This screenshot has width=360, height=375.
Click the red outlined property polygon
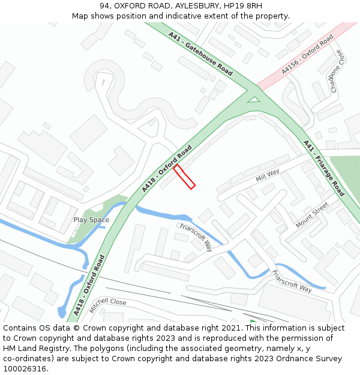tap(185, 177)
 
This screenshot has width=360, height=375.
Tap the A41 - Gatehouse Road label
tap(200, 53)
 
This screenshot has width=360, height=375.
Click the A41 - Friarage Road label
tap(324, 168)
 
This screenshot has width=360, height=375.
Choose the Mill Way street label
tap(268, 175)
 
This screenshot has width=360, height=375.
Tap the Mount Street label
tap(312, 215)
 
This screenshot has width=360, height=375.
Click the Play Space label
tap(91, 220)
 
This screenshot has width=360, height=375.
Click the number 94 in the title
tap(104, 6)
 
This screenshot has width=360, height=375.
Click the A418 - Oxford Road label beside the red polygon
tap(167, 169)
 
